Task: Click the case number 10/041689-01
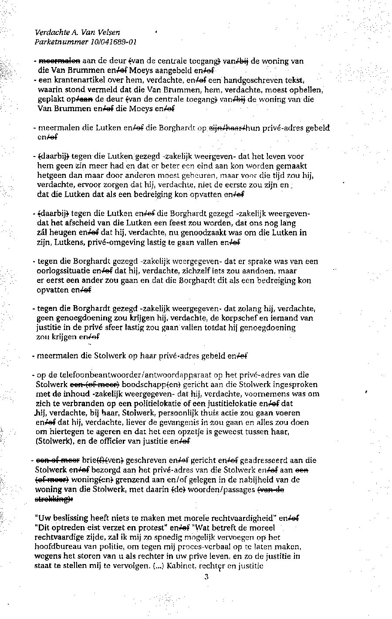114,42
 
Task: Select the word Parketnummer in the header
62,42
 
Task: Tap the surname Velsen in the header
108,32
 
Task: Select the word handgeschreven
247,81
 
